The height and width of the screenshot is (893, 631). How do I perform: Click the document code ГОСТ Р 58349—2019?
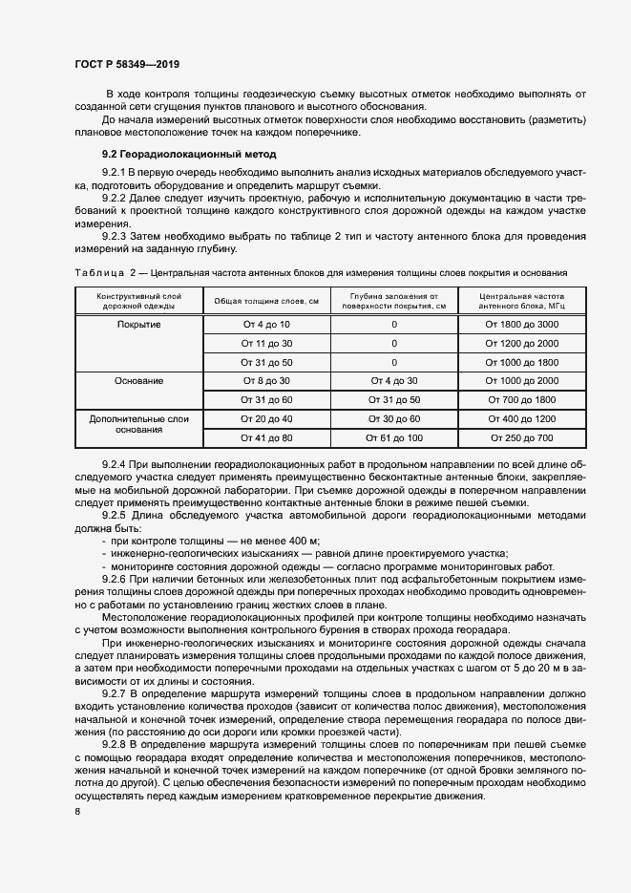pos(127,64)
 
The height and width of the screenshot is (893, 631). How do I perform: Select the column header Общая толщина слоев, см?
pos(266,301)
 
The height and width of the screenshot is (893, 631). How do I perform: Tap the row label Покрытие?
pos(139,325)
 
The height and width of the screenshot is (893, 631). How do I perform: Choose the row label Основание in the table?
pos(139,380)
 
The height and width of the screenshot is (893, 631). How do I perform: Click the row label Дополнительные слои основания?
pos(139,424)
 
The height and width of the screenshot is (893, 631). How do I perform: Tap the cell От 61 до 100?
pos(393,437)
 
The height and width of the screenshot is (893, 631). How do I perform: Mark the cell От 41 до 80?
pos(266,437)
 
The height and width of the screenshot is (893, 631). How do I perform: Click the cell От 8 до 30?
pos(266,380)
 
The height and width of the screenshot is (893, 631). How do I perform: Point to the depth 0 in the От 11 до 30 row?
pos(393,343)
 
